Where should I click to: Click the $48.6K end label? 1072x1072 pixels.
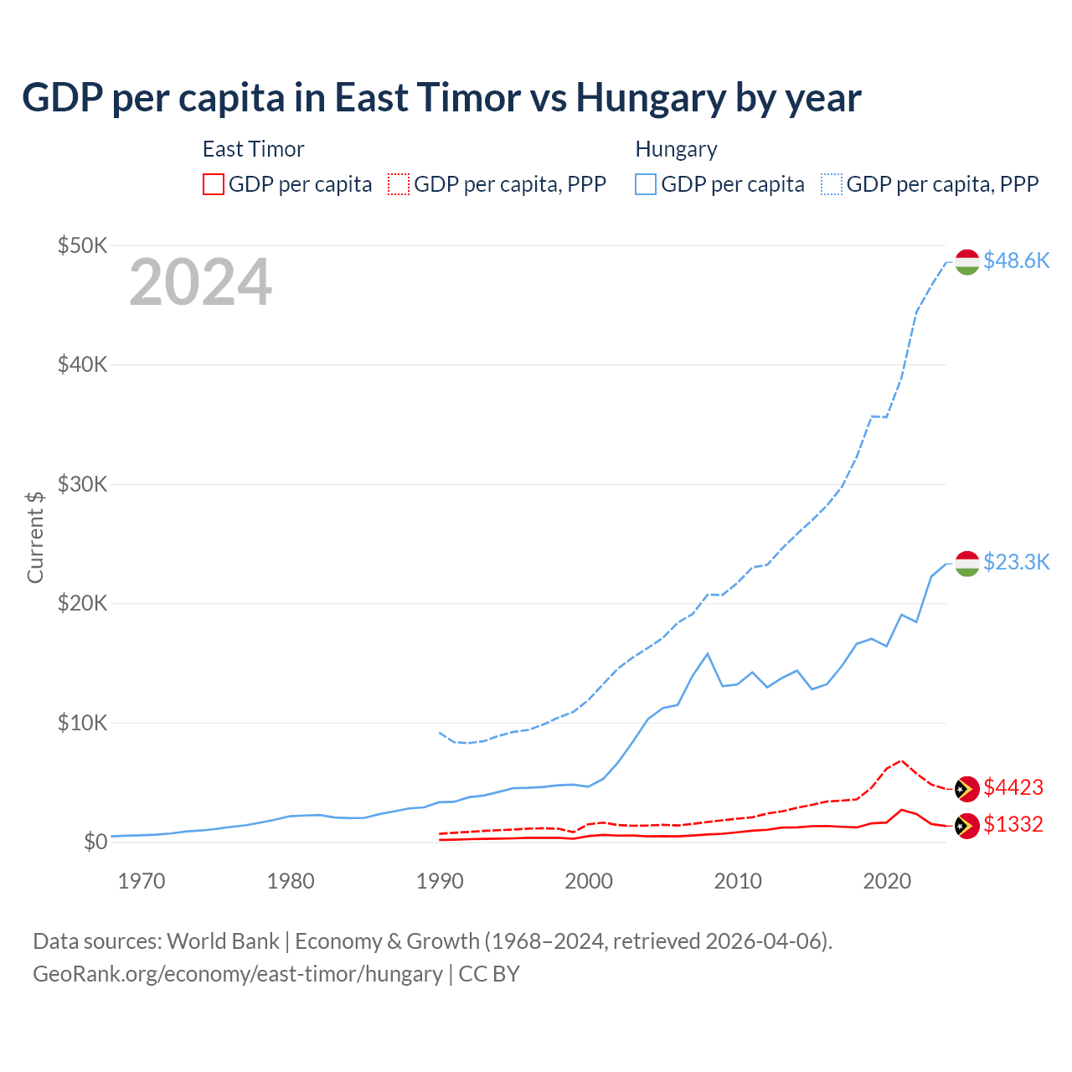click(1016, 260)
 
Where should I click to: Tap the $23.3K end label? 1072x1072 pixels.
click(1016, 561)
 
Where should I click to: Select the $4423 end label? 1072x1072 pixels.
click(1013, 787)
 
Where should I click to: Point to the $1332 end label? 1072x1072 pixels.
click(1013, 824)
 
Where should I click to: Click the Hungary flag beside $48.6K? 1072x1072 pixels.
click(967, 261)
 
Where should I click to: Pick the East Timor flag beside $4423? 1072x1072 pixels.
click(967, 789)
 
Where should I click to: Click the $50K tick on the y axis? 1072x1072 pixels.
click(82, 245)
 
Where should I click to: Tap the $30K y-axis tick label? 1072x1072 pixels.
click(82, 484)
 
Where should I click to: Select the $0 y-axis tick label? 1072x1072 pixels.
click(95, 842)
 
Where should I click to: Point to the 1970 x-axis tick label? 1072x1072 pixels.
click(142, 881)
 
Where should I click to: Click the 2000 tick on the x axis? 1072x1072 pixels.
click(589, 881)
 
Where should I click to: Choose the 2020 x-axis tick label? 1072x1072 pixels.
click(887, 881)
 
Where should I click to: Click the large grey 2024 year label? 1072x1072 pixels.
click(200, 282)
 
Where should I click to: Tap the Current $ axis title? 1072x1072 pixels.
click(35, 537)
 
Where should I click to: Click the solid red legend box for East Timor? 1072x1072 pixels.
click(214, 184)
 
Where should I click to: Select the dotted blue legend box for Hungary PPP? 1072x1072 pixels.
click(832, 184)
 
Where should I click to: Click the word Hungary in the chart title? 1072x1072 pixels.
click(651, 98)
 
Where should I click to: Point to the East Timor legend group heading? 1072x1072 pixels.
click(253, 149)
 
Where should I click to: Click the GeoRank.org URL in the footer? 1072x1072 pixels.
click(238, 974)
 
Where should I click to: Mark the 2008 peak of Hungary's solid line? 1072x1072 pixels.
click(708, 653)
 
